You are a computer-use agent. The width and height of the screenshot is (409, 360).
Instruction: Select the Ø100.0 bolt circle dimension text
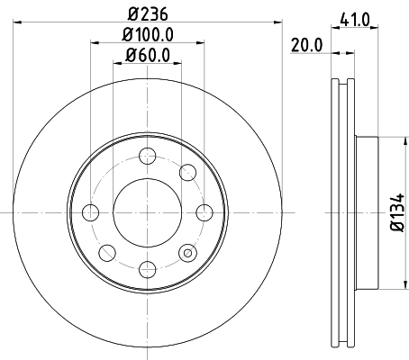(x=148, y=36)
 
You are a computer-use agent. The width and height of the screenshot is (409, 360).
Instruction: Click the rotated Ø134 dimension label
(x=395, y=213)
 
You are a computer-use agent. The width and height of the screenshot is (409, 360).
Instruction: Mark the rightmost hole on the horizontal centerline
(x=204, y=212)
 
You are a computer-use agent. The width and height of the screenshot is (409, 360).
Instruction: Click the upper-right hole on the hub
(x=188, y=172)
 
